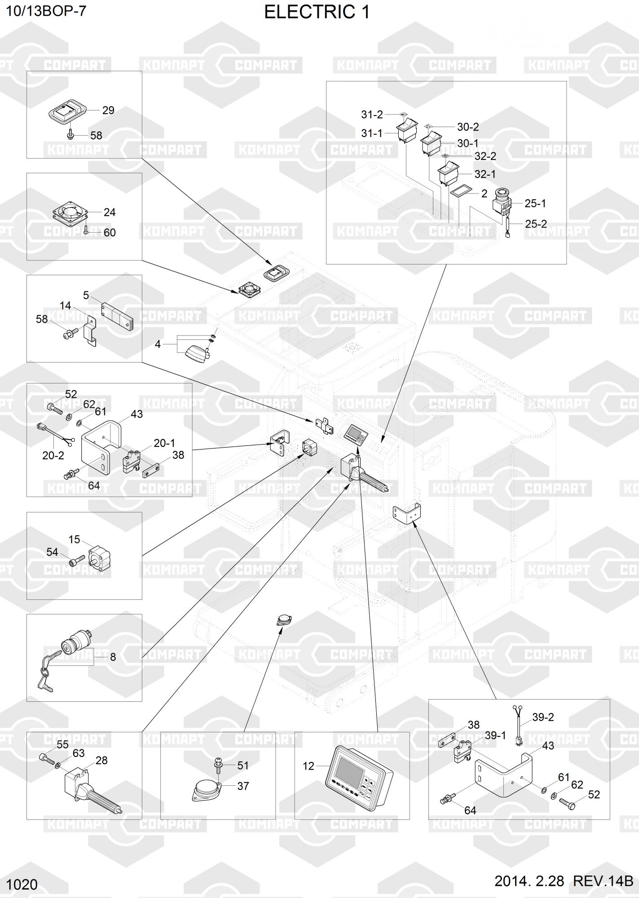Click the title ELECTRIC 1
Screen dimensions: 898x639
(x=317, y=13)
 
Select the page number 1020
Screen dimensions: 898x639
(x=22, y=885)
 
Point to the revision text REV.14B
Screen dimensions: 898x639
(x=603, y=881)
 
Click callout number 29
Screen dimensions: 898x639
(x=108, y=110)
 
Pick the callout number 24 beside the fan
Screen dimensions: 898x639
(x=110, y=212)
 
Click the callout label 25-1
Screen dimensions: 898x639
(x=535, y=204)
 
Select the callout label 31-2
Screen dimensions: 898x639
(x=372, y=115)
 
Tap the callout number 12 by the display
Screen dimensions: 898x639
(x=308, y=766)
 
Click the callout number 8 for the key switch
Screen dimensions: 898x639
(x=113, y=657)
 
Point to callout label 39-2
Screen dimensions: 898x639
(x=543, y=718)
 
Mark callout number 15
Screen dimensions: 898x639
(x=74, y=539)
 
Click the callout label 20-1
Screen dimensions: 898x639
(x=164, y=443)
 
